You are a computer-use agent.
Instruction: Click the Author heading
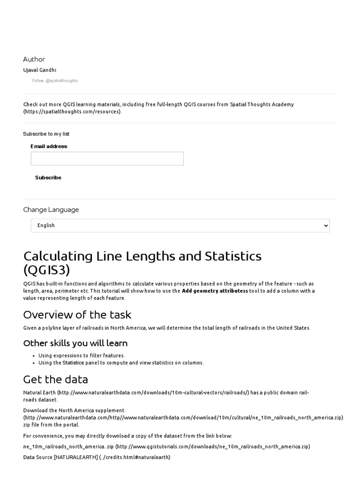click(x=34, y=60)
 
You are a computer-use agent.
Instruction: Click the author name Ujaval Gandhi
click(x=39, y=70)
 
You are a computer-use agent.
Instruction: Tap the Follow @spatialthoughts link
click(x=55, y=81)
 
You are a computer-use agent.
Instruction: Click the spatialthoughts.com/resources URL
click(x=72, y=112)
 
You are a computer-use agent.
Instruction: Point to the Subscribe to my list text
click(x=46, y=134)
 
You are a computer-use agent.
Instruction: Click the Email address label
click(x=49, y=146)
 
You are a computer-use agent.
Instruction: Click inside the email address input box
click(x=107, y=158)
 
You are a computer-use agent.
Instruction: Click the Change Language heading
click(x=51, y=210)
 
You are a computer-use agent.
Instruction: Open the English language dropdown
click(x=180, y=225)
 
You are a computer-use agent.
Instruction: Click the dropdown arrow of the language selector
click(x=326, y=225)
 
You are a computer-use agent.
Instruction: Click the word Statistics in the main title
click(x=233, y=256)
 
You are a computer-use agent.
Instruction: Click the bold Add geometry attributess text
click(x=215, y=291)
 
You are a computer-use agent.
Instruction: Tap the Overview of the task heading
click(x=77, y=315)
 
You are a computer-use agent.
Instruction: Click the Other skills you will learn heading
click(x=75, y=343)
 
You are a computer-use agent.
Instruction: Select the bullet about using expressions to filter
click(x=82, y=356)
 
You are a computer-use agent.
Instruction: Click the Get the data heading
click(x=56, y=379)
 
